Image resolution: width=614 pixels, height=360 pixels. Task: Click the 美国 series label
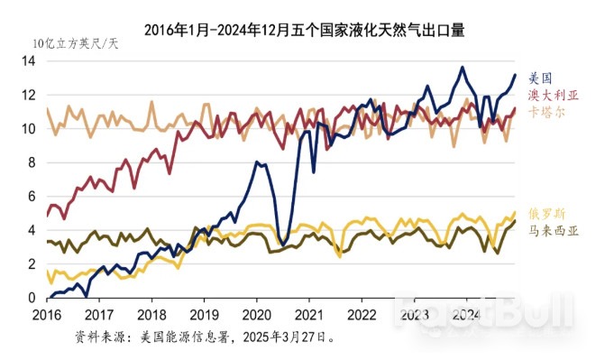539,78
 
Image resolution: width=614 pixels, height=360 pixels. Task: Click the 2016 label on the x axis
46,316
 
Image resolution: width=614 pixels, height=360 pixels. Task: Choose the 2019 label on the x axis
205,316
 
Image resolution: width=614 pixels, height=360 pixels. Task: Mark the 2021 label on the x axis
310,316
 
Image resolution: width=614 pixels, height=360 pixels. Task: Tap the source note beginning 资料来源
207,337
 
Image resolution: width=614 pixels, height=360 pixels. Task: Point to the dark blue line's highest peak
463,67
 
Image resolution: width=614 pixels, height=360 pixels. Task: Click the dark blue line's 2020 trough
283,245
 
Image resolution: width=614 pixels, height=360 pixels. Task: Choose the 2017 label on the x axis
99,316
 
